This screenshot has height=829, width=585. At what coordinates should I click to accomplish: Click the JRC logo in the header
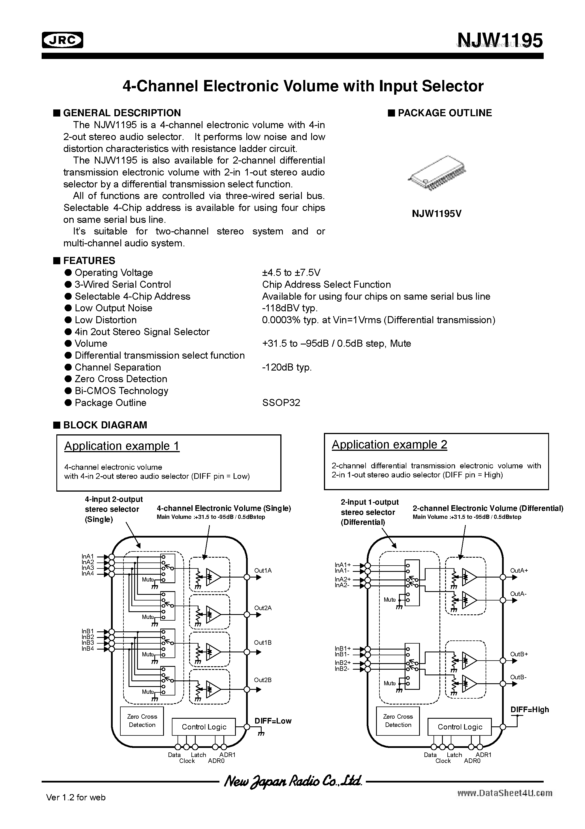[x=62, y=40]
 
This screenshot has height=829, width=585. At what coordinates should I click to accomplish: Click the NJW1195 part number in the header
[x=499, y=41]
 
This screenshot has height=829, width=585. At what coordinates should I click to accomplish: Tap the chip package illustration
[x=436, y=173]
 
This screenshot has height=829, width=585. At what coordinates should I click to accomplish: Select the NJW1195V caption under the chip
[x=436, y=214]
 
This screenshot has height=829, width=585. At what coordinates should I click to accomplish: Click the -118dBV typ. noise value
[x=290, y=308]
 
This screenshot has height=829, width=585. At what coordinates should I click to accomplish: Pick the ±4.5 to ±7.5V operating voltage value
[x=291, y=273]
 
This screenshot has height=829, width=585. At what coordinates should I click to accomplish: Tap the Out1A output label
[x=263, y=570]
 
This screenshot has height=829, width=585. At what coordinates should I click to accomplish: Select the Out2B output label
[x=262, y=680]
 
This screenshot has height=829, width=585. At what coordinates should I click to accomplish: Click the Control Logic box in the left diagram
[x=204, y=727]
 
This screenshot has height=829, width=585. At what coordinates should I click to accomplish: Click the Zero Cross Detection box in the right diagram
[x=398, y=721]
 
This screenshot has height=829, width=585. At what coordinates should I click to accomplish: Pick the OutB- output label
[x=518, y=677]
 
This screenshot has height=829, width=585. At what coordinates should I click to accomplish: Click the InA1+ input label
[x=343, y=565]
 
